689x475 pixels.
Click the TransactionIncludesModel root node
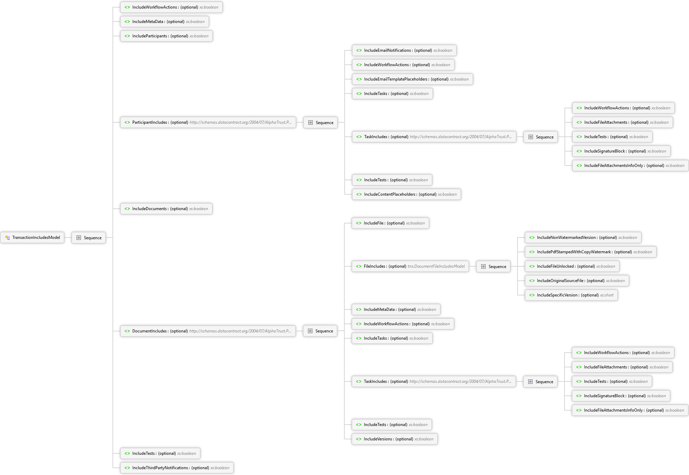coord(32,237)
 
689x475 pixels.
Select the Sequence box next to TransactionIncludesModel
coord(88,237)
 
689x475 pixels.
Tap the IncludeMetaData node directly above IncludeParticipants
coord(164,22)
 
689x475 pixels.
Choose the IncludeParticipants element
coord(166,36)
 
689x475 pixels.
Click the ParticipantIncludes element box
coord(208,122)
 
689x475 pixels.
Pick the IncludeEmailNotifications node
coord(404,50)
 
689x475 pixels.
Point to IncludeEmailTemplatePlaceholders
coord(412,79)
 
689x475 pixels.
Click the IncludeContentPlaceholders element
coord(406,194)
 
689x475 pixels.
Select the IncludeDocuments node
coord(166,209)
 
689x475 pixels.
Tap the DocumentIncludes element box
coord(208,331)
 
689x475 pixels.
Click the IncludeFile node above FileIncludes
coord(390,223)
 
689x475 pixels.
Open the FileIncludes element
coord(410,266)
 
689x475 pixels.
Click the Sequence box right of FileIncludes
coord(493,266)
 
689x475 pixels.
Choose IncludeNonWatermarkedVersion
coord(583,237)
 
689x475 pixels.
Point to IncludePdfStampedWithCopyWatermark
coord(591,252)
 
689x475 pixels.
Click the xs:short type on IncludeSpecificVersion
coord(607,295)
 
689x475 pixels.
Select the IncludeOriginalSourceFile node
coord(577,281)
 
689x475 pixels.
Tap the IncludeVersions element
coord(394,439)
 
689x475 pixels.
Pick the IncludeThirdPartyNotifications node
coord(177,468)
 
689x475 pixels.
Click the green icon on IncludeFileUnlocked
coord(532,266)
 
